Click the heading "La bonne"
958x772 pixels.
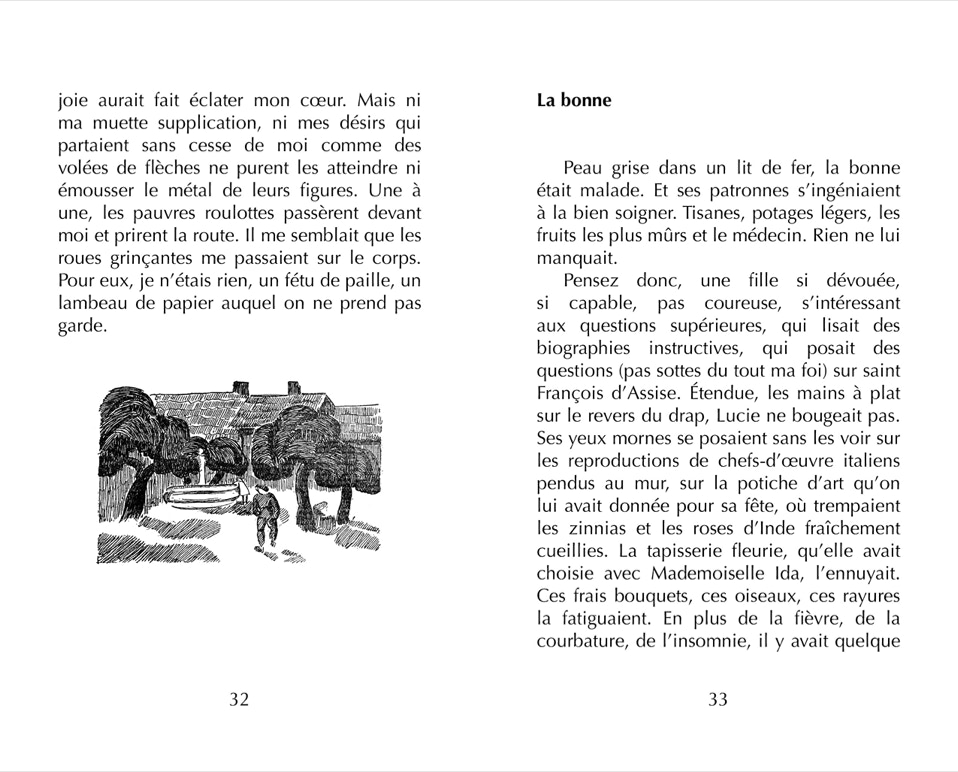pyautogui.click(x=573, y=101)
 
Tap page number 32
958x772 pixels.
pyautogui.click(x=239, y=700)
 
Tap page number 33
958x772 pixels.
pyautogui.click(x=718, y=700)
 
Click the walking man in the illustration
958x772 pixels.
pyautogui.click(x=264, y=516)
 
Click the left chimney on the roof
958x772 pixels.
pyautogui.click(x=240, y=387)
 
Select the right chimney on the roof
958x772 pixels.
pyautogui.click(x=294, y=388)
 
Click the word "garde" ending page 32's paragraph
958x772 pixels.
pyautogui.click(x=81, y=325)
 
